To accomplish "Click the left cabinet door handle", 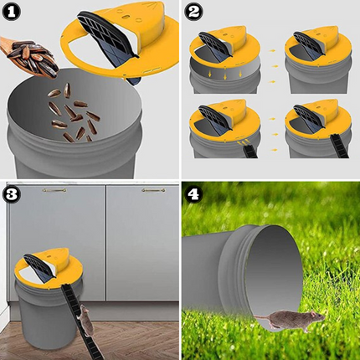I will [x=55, y=191].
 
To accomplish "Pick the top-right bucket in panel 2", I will [x=313, y=63].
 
